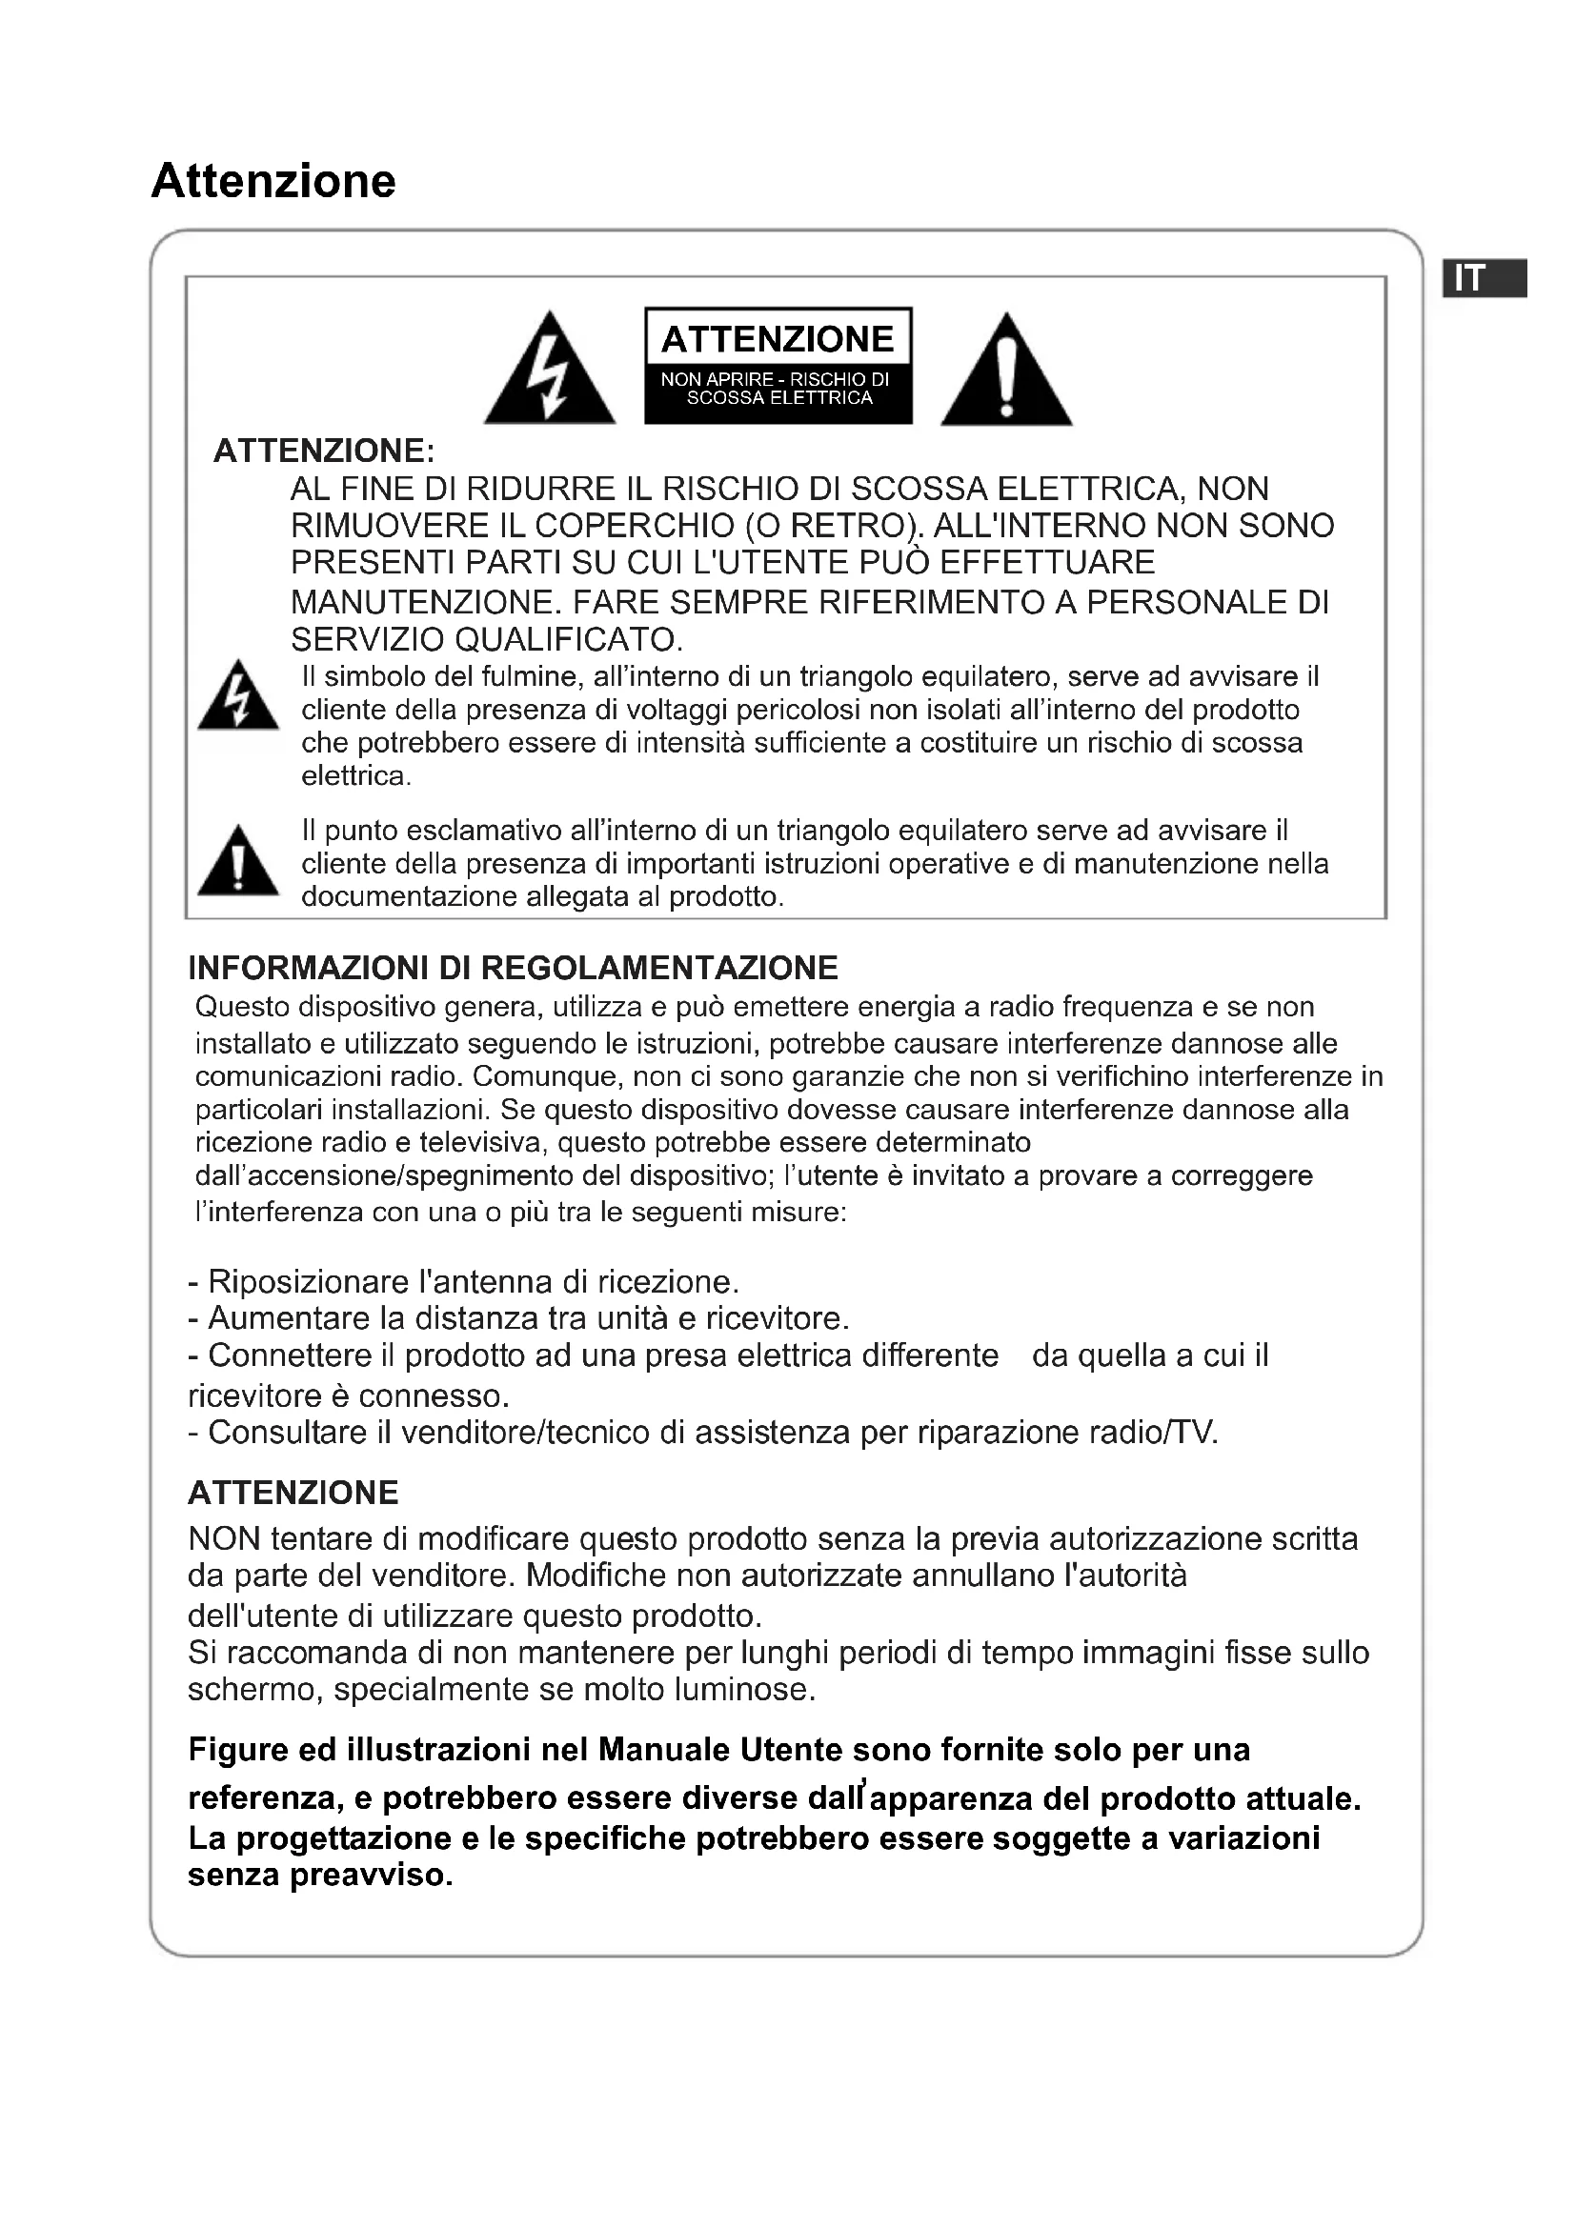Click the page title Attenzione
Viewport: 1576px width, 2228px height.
click(x=273, y=182)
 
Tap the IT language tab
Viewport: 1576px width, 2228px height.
click(x=1485, y=278)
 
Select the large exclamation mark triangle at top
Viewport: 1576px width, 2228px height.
click(x=1006, y=371)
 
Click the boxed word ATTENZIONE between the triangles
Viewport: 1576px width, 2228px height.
click(x=778, y=339)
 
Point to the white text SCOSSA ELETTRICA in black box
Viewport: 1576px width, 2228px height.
click(x=779, y=398)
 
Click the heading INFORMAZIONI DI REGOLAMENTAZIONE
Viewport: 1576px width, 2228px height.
click(x=513, y=968)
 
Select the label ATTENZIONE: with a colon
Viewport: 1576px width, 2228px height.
click(x=324, y=452)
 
